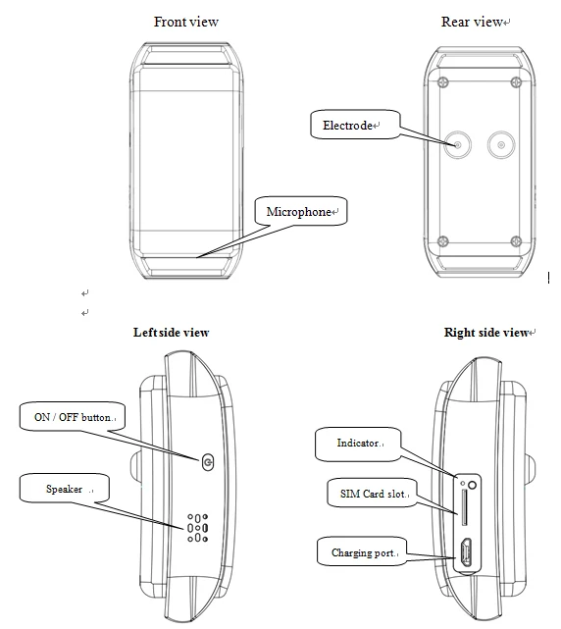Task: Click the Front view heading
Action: [186, 22]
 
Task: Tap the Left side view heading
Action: [171, 333]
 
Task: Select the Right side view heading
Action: [485, 333]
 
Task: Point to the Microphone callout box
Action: [301, 211]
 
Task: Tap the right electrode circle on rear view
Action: [502, 145]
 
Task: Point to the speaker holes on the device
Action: [196, 527]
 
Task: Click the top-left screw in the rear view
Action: [444, 82]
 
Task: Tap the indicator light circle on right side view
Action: [473, 484]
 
